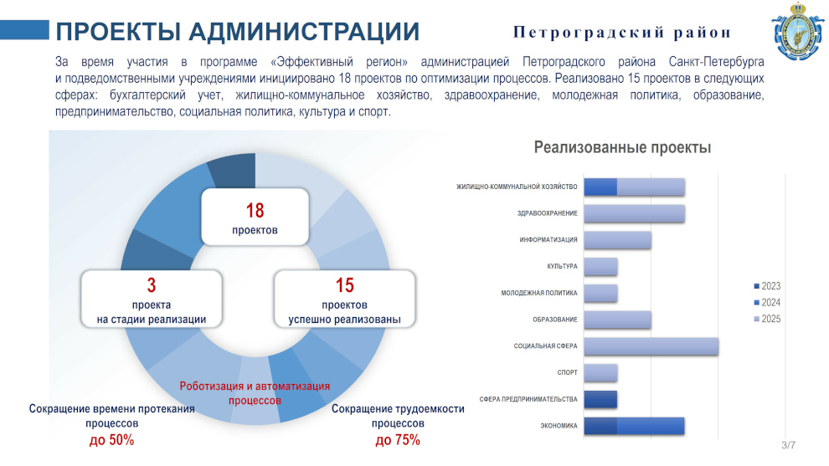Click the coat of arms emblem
(798, 32)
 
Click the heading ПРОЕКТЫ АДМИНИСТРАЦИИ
(237, 32)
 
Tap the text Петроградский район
(621, 33)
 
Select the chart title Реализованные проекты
(622, 147)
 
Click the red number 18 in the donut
(255, 210)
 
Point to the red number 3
(152, 285)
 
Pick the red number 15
(345, 285)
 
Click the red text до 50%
(111, 439)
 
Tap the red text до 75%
(398, 439)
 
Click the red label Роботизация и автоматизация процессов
(255, 393)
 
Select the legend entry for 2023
(767, 286)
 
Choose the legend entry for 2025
(767, 319)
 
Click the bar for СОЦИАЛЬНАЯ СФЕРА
(651, 346)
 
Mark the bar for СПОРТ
(600, 372)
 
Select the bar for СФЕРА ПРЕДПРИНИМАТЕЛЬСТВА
(600, 399)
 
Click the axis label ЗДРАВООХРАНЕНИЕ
(547, 213)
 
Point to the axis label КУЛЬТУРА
(562, 266)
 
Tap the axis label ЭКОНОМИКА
(559, 426)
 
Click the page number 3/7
(788, 445)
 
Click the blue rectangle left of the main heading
(24, 29)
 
